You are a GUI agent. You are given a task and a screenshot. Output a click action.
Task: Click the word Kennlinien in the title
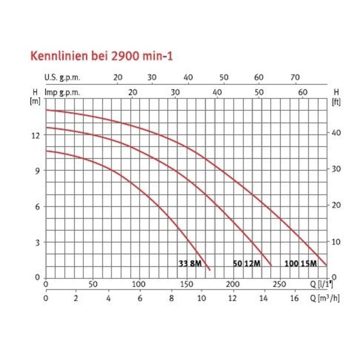[54, 57]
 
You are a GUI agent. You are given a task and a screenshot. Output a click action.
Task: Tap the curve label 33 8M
[190, 263]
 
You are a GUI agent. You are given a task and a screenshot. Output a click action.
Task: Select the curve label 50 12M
[246, 263]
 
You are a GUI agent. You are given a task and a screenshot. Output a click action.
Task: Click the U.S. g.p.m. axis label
[62, 78]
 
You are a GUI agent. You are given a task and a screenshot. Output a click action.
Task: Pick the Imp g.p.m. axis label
[62, 92]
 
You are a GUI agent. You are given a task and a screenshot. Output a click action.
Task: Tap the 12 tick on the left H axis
[35, 135]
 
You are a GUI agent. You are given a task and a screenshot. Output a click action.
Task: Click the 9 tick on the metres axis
[37, 170]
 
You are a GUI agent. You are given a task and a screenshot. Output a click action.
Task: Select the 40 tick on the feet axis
[336, 133]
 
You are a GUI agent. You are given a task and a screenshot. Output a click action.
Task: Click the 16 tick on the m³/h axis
[294, 298]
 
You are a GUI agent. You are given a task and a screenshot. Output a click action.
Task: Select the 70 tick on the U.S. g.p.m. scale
[295, 78]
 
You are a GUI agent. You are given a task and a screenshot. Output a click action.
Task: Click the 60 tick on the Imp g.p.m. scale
[303, 92]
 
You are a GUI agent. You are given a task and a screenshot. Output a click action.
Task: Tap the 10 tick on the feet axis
[336, 241]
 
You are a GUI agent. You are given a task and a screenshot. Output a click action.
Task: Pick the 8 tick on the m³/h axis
[170, 298]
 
